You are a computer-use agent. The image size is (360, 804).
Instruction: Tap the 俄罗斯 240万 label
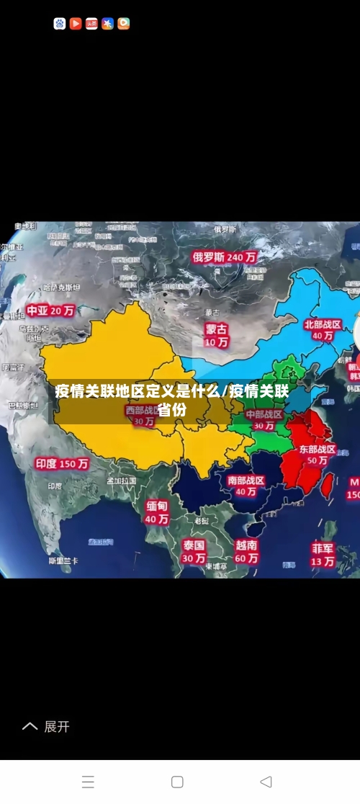point(224,256)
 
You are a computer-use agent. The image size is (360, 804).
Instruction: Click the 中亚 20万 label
point(50,311)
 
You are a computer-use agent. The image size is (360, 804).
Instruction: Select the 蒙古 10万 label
point(216,335)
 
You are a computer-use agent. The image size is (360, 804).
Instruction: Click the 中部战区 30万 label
point(264,420)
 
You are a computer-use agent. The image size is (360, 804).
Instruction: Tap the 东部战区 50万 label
point(318,455)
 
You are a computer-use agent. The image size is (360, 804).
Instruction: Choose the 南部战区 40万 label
point(246,486)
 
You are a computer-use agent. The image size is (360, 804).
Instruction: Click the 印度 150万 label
point(62,464)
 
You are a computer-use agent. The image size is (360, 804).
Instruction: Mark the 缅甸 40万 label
point(157,512)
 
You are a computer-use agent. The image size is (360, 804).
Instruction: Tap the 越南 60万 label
point(246,551)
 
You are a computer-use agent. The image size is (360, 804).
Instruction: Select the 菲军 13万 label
point(323,554)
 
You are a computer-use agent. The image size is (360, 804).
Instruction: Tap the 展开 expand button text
point(57,726)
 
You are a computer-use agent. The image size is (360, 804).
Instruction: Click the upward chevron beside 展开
point(30,726)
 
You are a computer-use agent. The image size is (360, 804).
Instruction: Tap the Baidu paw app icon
point(60,24)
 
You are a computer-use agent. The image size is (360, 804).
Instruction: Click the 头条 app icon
point(91,24)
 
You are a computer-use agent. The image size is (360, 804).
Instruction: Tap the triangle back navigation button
point(266,782)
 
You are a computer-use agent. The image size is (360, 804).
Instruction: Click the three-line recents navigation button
point(88,782)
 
